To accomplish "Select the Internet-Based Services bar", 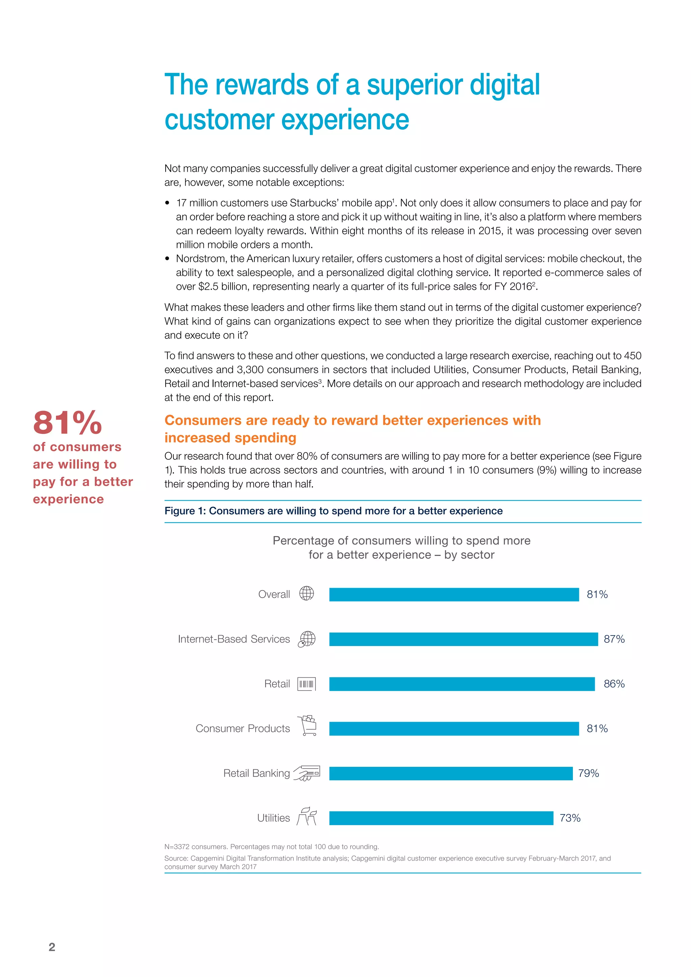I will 463,639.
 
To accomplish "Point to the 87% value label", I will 614,639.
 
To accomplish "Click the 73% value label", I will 570,818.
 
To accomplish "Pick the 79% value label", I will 588,773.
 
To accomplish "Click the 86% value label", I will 614,684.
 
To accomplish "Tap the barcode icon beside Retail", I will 306,684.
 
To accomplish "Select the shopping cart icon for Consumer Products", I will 308,726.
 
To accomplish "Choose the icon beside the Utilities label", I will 307,816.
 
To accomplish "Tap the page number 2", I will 52,947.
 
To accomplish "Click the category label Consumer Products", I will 243,728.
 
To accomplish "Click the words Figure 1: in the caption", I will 185,511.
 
